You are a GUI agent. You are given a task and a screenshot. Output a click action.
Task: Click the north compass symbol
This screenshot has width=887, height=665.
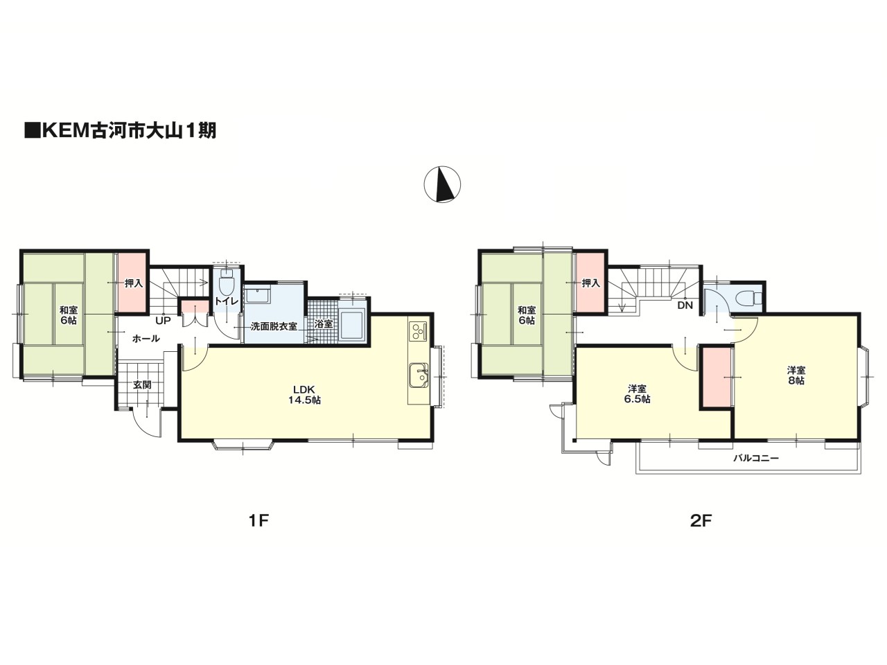click(442, 184)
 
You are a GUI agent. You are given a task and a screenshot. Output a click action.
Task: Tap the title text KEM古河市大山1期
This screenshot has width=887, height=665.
click(121, 130)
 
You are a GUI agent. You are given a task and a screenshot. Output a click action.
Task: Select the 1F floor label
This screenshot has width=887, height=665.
click(258, 521)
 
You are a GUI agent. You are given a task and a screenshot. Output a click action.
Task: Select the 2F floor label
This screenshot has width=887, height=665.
click(701, 521)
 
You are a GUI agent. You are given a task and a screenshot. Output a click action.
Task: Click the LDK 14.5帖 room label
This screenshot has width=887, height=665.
click(304, 395)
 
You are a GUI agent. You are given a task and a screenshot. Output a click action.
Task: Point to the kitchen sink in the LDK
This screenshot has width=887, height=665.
click(419, 375)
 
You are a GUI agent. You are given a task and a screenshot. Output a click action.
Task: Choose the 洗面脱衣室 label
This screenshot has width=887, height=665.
click(274, 327)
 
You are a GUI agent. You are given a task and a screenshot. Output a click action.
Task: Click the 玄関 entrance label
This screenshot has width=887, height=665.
click(142, 384)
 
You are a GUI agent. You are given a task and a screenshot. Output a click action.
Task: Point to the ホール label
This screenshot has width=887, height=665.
click(146, 339)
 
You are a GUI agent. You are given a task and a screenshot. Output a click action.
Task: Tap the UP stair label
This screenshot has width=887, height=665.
click(164, 321)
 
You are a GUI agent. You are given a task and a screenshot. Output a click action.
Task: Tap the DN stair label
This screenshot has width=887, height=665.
click(685, 305)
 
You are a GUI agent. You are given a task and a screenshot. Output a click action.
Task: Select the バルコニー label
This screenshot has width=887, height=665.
click(755, 459)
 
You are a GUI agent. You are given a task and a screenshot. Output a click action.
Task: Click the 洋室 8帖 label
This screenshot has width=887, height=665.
click(796, 375)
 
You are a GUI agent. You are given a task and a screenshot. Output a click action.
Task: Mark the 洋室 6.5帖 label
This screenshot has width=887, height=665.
click(636, 394)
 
